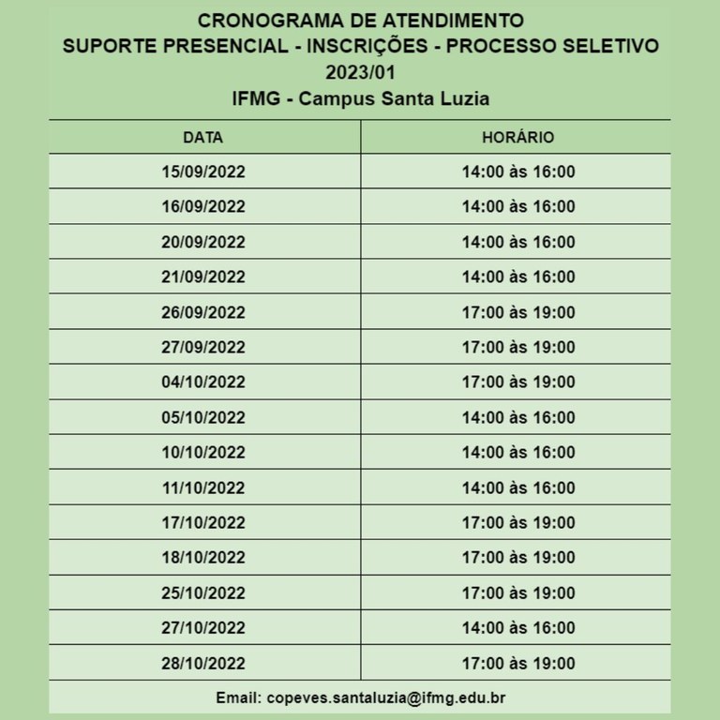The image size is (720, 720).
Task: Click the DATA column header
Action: tap(202, 137)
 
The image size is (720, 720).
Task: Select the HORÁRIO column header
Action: tap(517, 137)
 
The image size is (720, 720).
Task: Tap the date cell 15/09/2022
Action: tap(202, 172)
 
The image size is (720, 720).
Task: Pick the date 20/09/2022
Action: tap(202, 242)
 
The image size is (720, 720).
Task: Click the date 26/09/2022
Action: tap(202, 312)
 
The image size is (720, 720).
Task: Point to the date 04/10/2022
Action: tap(202, 382)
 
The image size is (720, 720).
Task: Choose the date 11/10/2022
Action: tap(202, 487)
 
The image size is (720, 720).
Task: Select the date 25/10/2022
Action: tap(202, 593)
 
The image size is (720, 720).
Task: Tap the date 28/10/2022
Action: tap(202, 664)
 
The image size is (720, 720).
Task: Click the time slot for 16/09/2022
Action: tap(517, 206)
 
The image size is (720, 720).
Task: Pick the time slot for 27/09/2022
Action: tap(517, 347)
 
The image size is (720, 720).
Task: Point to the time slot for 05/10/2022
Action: tap(517, 417)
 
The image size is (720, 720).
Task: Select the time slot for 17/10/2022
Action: tap(517, 523)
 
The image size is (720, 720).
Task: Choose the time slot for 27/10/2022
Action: tap(517, 628)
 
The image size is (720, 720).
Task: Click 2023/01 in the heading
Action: tap(361, 72)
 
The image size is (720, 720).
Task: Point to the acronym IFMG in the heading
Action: tap(258, 98)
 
